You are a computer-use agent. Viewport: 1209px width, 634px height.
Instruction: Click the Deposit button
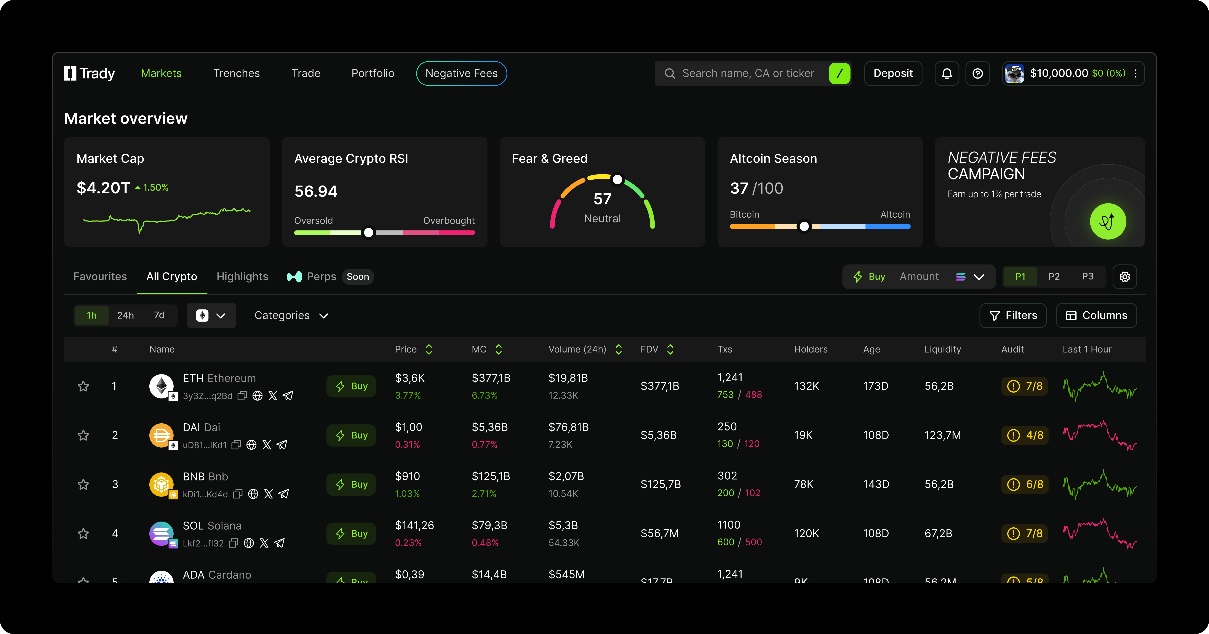[x=893, y=73]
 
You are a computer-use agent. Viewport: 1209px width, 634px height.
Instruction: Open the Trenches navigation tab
[x=236, y=73]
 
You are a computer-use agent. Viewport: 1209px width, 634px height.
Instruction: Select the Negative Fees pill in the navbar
[x=461, y=73]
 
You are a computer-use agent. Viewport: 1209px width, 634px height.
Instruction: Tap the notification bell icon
[x=947, y=73]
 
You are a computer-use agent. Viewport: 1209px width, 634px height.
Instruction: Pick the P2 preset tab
[x=1054, y=276]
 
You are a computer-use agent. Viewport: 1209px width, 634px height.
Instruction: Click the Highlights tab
[x=242, y=276]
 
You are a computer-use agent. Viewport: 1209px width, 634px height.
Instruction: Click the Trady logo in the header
[x=90, y=73]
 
